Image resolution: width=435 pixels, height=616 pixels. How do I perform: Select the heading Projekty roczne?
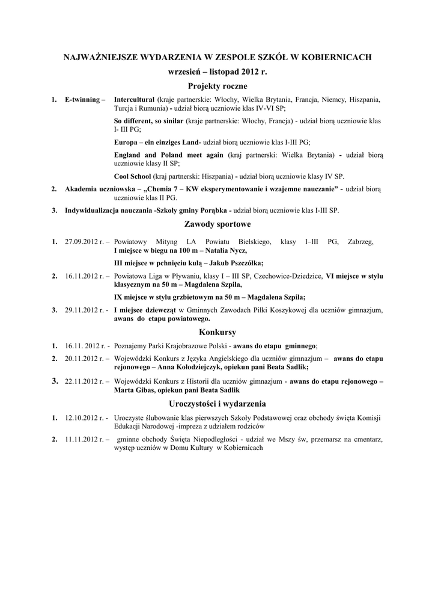point(218,87)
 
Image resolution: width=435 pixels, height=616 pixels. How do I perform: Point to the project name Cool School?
point(132,176)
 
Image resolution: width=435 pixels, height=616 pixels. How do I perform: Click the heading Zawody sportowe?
point(218,224)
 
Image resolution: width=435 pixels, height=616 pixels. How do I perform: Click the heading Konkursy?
point(218,332)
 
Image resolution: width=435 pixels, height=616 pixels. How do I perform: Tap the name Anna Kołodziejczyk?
point(190,367)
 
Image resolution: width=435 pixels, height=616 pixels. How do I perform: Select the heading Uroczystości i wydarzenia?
point(218,404)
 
